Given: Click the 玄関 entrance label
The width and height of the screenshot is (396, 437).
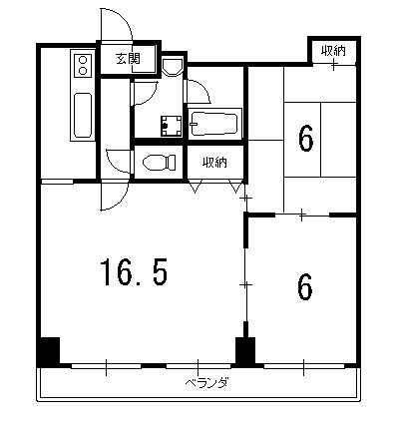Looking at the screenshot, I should click(x=127, y=59).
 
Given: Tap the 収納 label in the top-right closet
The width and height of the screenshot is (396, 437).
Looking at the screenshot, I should click(x=333, y=50).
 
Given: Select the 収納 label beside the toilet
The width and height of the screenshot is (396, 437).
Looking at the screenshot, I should click(x=214, y=162).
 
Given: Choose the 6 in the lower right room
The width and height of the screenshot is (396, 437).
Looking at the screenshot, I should click(x=305, y=286).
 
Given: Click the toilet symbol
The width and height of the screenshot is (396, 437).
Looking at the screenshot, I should click(x=156, y=162).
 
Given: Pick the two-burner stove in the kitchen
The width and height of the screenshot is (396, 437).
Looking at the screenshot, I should click(x=82, y=67).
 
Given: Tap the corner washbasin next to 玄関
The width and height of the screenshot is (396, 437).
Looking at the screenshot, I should click(x=172, y=66).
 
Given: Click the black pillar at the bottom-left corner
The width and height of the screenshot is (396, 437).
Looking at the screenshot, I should click(x=48, y=353).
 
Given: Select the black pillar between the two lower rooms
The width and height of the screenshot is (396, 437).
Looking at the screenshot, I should click(x=244, y=352).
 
